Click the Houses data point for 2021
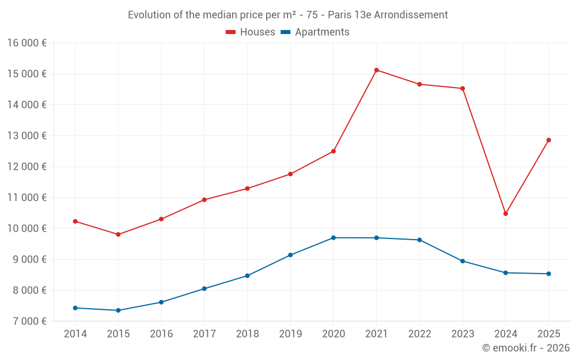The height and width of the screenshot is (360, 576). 376,70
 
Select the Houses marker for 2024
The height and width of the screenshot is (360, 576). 506,214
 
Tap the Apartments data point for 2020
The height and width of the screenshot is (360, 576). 334,238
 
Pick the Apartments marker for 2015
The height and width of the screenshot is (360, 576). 118,310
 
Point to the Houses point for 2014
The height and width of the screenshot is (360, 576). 75,221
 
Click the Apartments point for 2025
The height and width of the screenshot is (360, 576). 548,274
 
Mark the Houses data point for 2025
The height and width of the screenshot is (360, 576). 548,140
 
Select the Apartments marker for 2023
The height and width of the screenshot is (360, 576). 463,261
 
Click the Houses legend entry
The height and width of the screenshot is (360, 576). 251,32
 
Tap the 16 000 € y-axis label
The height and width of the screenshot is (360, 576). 27,43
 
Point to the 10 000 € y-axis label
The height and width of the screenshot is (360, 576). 27,229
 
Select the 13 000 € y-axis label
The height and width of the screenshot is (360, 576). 27,136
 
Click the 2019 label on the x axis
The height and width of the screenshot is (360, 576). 290,334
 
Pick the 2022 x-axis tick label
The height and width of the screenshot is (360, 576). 419,334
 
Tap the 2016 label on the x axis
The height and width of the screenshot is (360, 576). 161,334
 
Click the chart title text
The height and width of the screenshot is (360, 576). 288,15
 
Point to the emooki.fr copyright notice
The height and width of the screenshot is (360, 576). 526,348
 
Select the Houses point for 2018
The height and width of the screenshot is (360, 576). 247,188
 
